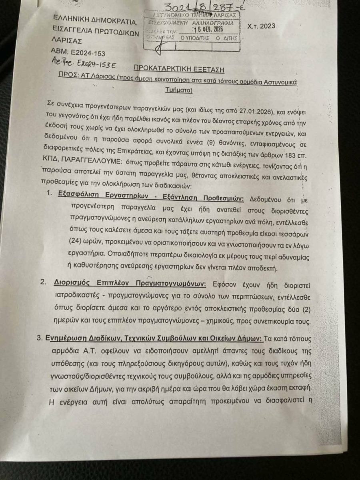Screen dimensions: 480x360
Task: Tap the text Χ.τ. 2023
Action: click(x=261, y=26)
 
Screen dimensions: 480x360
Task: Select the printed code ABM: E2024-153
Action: click(x=78, y=51)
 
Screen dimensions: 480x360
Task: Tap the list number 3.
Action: click(x=40, y=338)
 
